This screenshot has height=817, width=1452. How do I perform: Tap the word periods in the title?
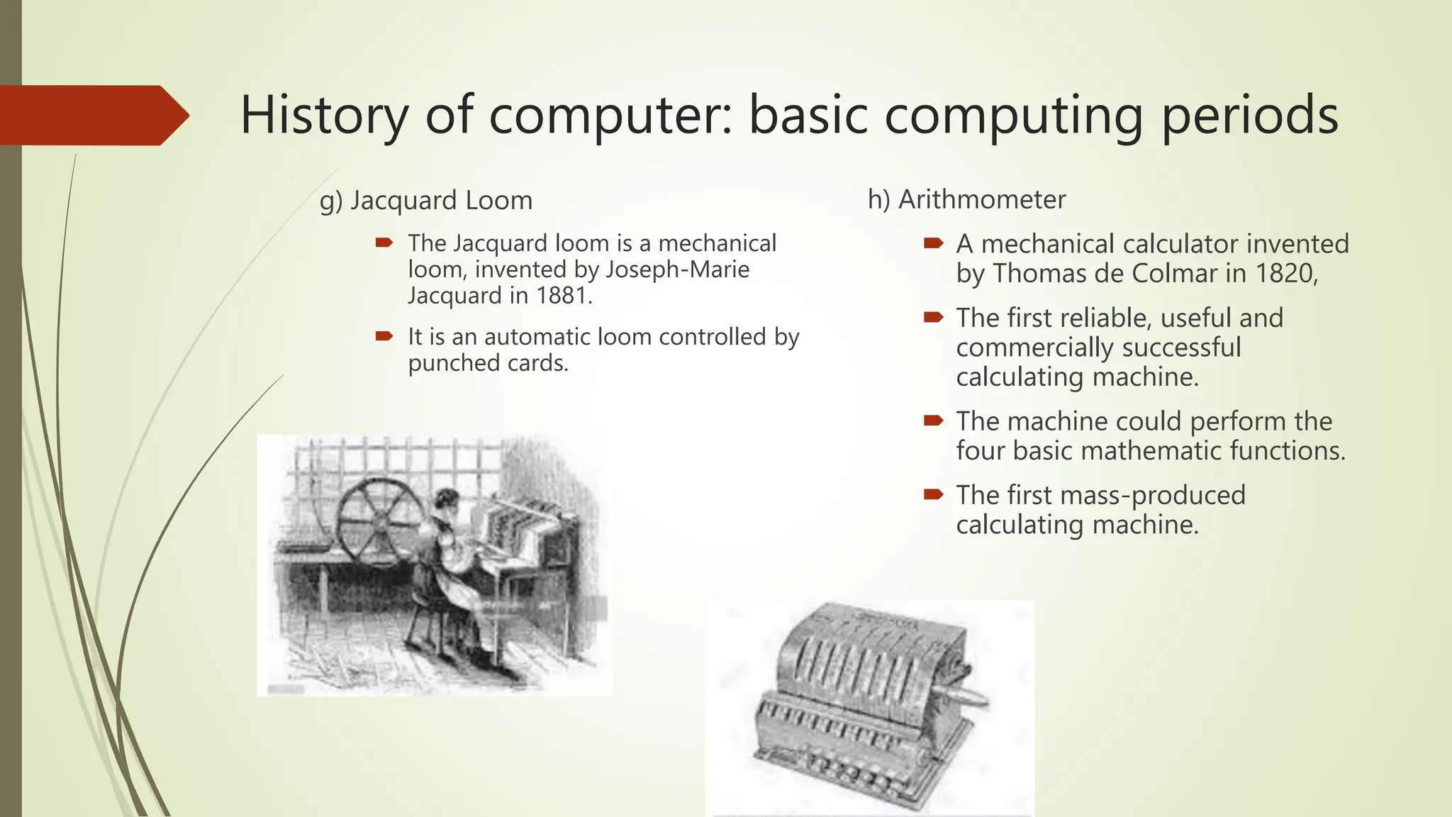pos(1249,116)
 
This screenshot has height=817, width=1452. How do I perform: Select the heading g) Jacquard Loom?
pos(426,201)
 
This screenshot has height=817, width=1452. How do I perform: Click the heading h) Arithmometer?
pos(966,200)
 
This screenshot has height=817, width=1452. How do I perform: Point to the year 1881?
pos(563,296)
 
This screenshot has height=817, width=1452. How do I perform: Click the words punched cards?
pos(488,363)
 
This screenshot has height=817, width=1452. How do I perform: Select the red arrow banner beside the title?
pos(92,115)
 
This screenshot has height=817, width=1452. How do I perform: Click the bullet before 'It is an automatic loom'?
pos(384,336)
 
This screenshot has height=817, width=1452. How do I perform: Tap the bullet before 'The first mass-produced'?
pos(933,494)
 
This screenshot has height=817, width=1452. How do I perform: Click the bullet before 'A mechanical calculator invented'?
pos(933,244)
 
